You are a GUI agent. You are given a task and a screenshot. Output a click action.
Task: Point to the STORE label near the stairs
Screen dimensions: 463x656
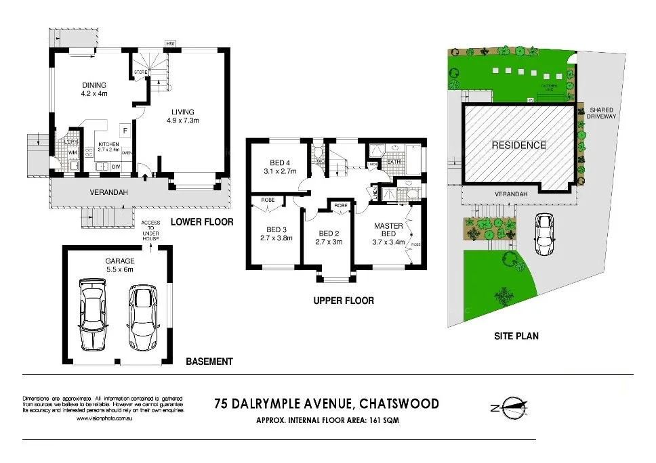tap(140, 71)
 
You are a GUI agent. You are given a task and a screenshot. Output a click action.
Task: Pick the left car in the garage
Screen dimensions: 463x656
tap(94, 313)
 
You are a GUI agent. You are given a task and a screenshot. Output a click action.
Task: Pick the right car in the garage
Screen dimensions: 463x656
tap(142, 316)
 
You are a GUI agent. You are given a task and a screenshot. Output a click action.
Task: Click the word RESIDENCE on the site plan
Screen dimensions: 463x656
tap(518, 145)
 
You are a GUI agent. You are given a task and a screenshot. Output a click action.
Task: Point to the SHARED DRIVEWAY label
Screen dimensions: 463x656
tap(601, 113)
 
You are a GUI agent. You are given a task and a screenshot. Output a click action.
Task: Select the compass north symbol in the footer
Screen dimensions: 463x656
tap(510, 407)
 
